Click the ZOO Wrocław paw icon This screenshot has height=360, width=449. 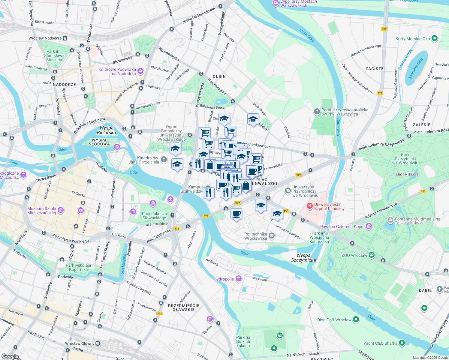(x=372, y=255)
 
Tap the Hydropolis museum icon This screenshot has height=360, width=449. (x=239, y=279)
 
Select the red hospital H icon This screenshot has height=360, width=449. (x=309, y=206)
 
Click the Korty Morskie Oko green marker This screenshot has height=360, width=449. (x=434, y=38)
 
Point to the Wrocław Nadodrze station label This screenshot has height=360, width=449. (x=45, y=38)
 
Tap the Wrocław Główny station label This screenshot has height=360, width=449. (x=80, y=343)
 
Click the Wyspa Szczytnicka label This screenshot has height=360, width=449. (x=303, y=258)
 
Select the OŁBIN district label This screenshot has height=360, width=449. (x=219, y=76)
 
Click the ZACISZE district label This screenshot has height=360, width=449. (x=375, y=69)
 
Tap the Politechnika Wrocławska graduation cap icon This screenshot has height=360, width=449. (x=272, y=236)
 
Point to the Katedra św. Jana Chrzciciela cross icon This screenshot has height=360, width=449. (x=164, y=160)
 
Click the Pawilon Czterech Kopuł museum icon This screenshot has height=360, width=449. (x=369, y=226)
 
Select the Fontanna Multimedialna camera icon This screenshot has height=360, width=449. (x=390, y=220)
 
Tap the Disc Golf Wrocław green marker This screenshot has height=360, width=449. (x=356, y=319)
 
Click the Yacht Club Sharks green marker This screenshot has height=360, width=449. (x=402, y=343)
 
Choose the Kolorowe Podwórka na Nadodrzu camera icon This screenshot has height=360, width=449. (x=140, y=71)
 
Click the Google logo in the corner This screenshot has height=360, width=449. (x=10, y=356)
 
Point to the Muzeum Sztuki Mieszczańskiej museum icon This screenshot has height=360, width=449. (x=61, y=210)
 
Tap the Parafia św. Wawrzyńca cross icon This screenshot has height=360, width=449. (x=317, y=112)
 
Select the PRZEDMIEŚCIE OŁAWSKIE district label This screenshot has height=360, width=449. (x=184, y=307)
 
